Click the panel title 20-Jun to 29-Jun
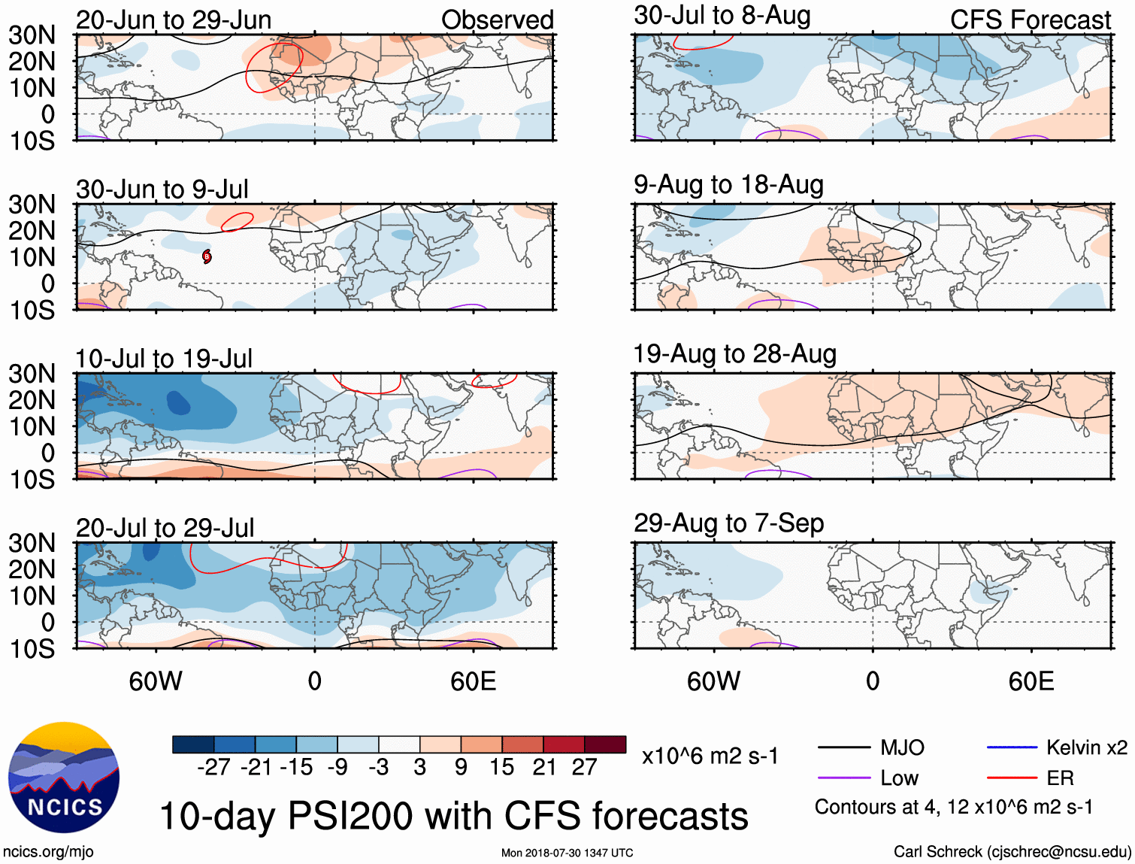pyautogui.click(x=174, y=20)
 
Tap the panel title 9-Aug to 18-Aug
pyautogui.click(x=728, y=185)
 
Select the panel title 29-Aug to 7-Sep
pyautogui.click(x=728, y=523)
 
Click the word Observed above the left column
pyautogui.click(x=497, y=20)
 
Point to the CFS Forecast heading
pyautogui.click(x=1030, y=20)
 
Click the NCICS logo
pyautogui.click(x=64, y=778)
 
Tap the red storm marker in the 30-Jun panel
pyautogui.click(x=207, y=256)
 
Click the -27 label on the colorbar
pyautogui.click(x=213, y=767)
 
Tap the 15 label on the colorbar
pyautogui.click(x=501, y=767)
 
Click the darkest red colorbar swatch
pyautogui.click(x=605, y=744)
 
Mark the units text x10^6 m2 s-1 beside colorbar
pyautogui.click(x=710, y=756)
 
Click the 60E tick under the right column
pyautogui.click(x=1031, y=681)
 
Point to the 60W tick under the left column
pyautogui.click(x=156, y=681)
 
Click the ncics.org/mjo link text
pyautogui.click(x=48, y=852)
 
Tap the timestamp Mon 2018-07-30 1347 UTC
pyautogui.click(x=567, y=853)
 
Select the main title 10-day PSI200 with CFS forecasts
pyautogui.click(x=454, y=816)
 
